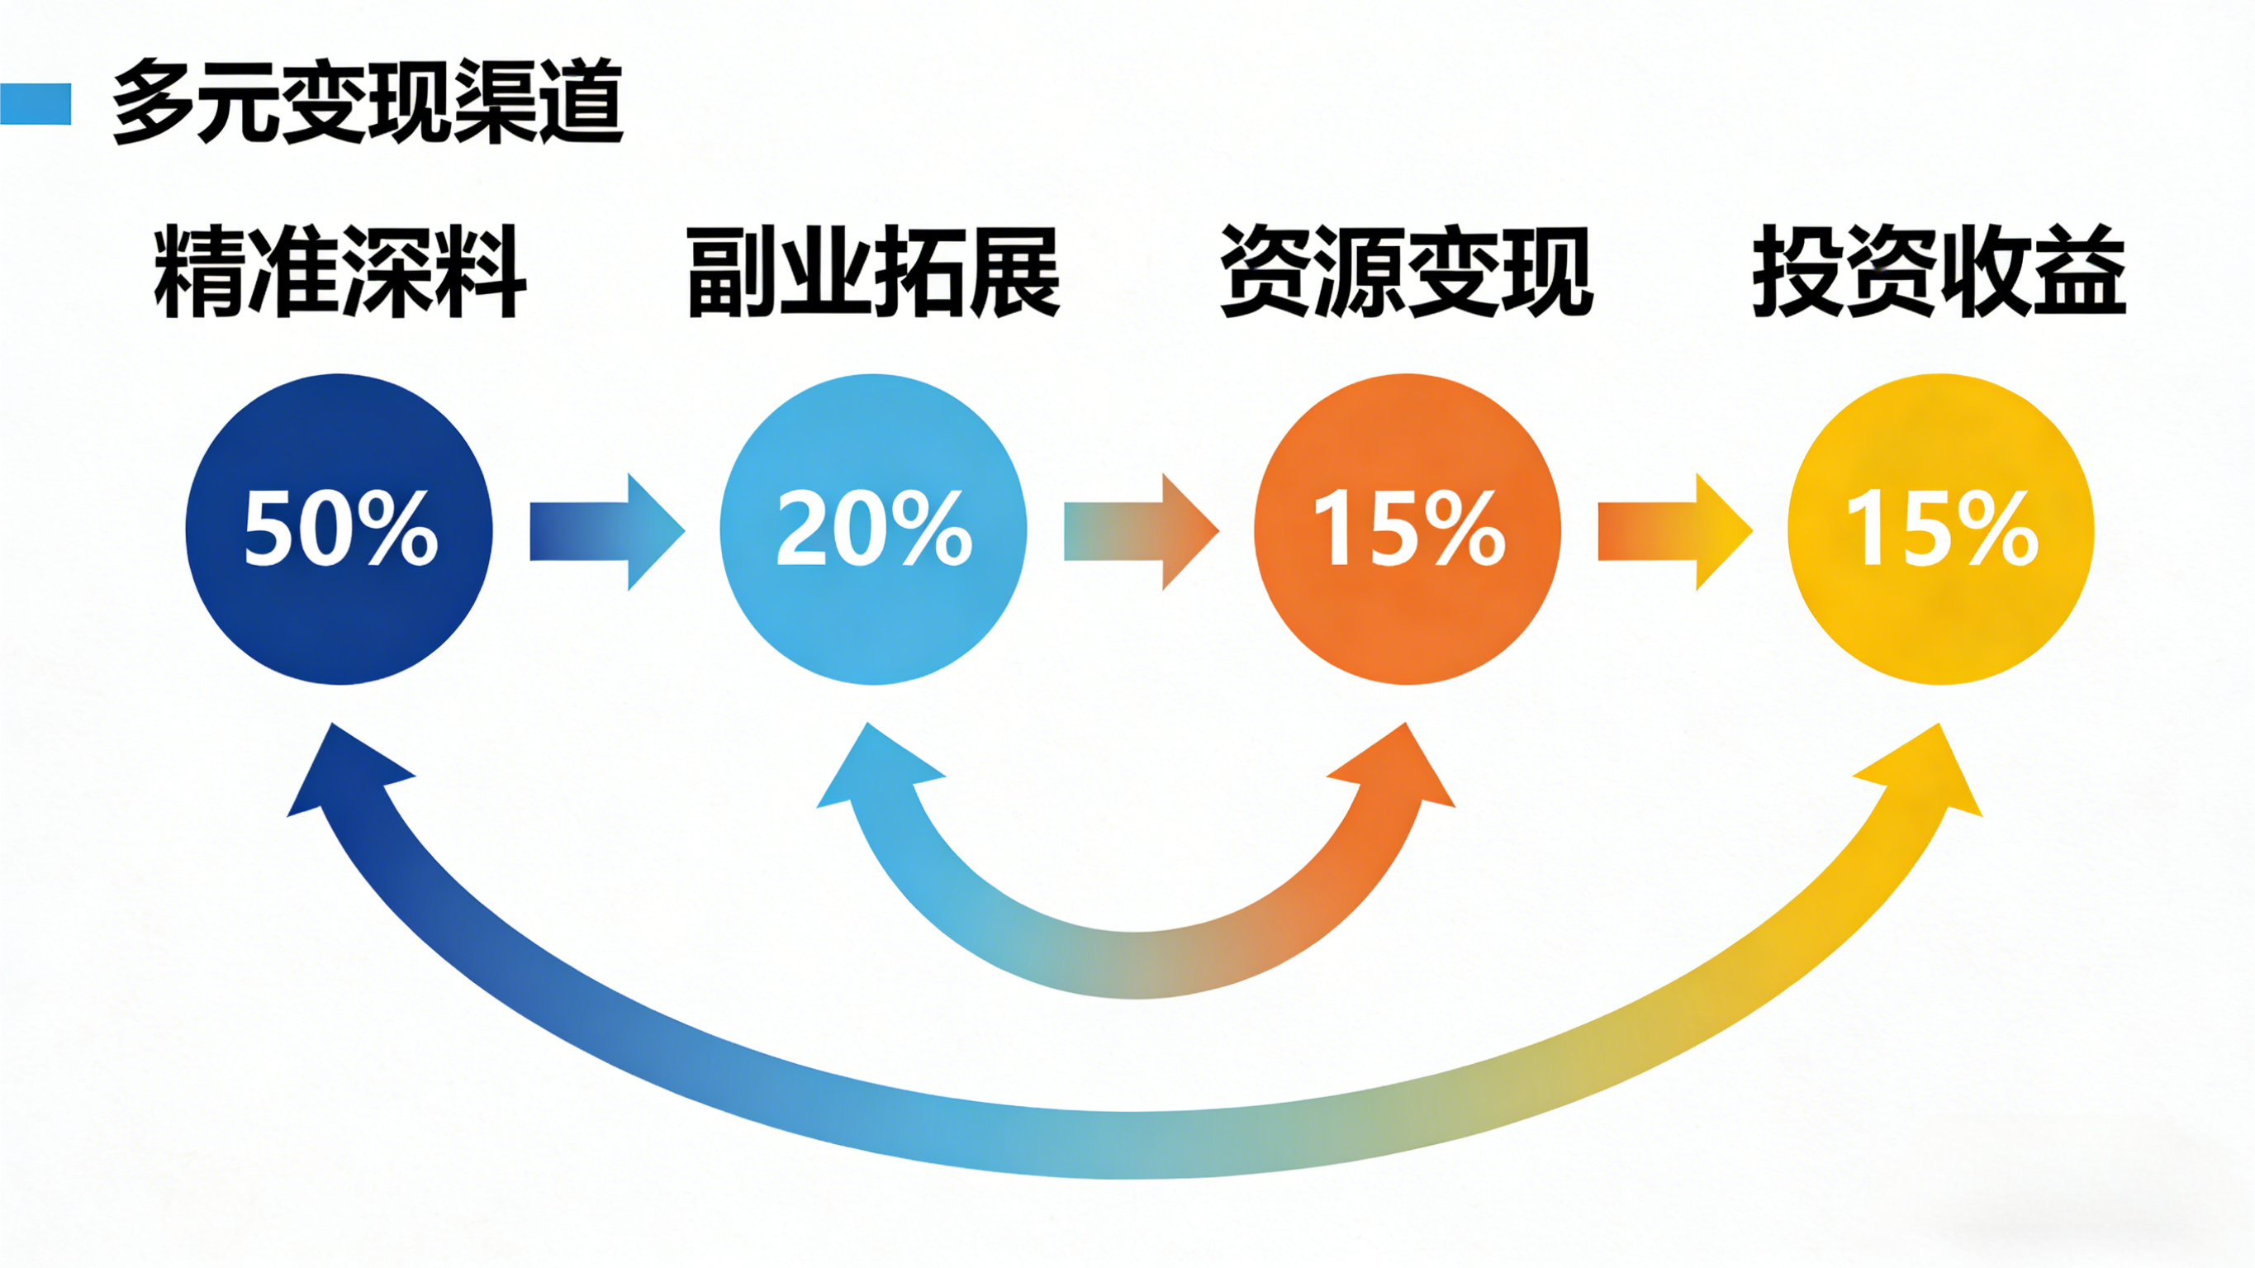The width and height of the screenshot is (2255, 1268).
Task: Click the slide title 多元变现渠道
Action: coord(368,102)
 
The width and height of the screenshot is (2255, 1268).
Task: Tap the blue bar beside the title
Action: coord(35,104)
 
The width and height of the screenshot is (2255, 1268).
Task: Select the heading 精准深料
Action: coord(339,272)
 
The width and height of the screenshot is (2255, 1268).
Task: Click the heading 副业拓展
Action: coord(874,272)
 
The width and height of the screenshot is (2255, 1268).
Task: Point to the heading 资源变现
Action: coord(1407,272)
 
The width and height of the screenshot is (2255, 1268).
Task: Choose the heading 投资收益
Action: coord(1939,272)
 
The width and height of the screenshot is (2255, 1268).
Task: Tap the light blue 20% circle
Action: coord(873,613)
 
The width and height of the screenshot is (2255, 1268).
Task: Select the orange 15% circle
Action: coord(1407,613)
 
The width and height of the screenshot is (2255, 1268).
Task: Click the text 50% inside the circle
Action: coord(339,528)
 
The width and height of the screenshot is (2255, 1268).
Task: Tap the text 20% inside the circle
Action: coord(874,528)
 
